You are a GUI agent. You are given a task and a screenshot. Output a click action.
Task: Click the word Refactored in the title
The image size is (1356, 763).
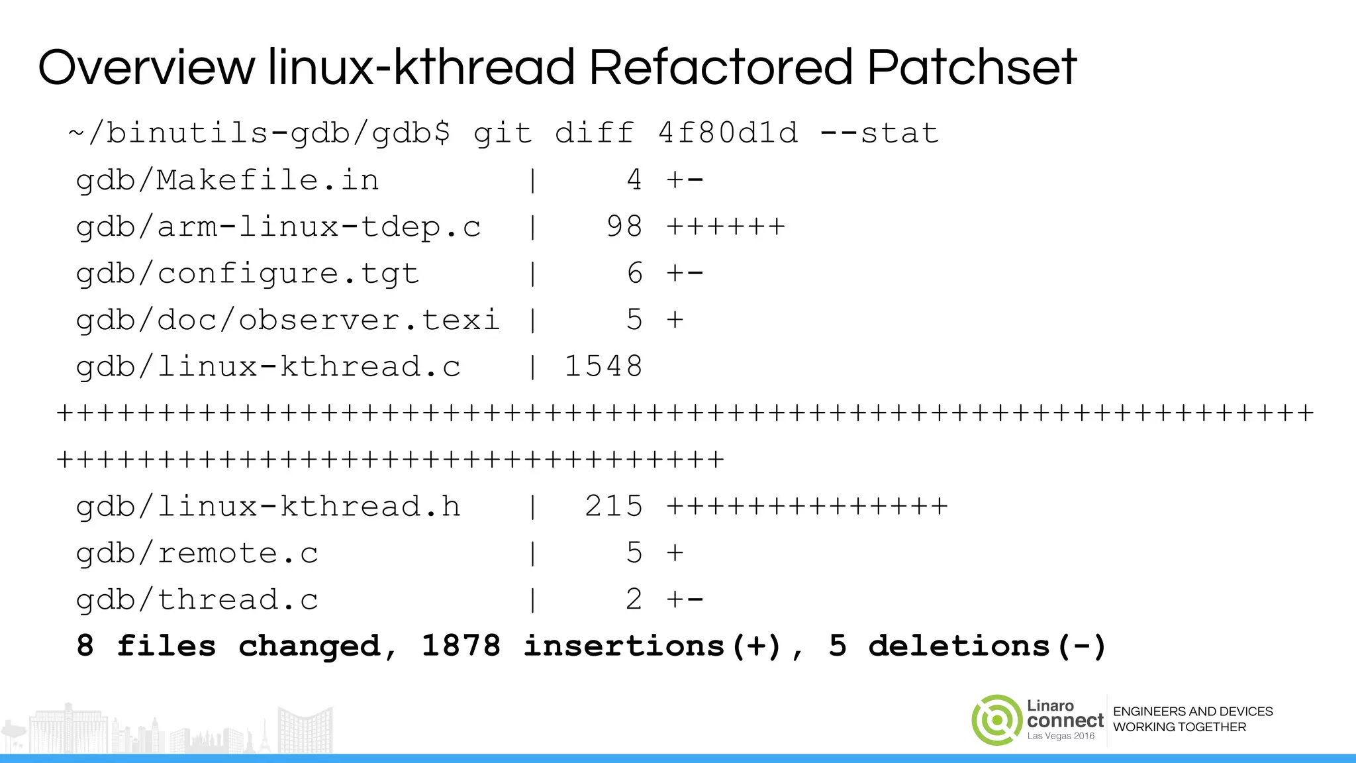(x=720, y=68)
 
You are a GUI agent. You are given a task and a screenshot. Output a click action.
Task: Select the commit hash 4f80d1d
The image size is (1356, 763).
(x=728, y=133)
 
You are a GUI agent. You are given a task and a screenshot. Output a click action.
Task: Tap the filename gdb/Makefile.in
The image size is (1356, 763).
(x=228, y=180)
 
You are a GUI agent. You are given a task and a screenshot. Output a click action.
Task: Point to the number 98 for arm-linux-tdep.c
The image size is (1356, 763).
(x=624, y=227)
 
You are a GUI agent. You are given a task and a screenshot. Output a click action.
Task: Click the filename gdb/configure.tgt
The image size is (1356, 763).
(x=248, y=274)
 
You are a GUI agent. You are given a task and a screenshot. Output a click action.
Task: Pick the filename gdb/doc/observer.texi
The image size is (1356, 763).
(x=288, y=320)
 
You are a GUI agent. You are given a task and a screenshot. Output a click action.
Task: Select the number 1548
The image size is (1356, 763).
(x=603, y=367)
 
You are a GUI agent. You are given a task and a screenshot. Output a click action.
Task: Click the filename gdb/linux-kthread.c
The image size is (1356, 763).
(x=268, y=367)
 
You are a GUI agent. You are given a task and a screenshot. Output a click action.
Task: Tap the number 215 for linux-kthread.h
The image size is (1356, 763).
(x=614, y=507)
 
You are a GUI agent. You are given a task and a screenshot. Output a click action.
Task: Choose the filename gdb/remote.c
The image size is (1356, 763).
(x=197, y=554)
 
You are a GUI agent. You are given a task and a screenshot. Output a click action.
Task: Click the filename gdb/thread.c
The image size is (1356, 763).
(x=197, y=600)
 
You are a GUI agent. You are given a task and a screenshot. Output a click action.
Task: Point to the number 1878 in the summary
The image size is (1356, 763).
(x=461, y=646)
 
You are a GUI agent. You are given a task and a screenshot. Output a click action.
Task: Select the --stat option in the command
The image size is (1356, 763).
(x=879, y=133)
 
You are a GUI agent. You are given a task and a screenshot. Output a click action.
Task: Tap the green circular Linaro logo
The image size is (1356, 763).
(x=996, y=720)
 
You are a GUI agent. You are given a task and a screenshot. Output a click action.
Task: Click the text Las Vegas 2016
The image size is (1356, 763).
(x=1061, y=736)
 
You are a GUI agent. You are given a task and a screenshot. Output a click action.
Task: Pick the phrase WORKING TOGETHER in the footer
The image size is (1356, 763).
(x=1179, y=727)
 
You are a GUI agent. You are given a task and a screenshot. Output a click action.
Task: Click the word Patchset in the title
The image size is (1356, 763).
(x=972, y=68)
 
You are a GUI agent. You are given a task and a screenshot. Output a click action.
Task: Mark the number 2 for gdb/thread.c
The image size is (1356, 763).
(x=634, y=600)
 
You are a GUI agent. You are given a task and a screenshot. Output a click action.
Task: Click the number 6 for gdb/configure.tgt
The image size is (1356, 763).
(x=634, y=274)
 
